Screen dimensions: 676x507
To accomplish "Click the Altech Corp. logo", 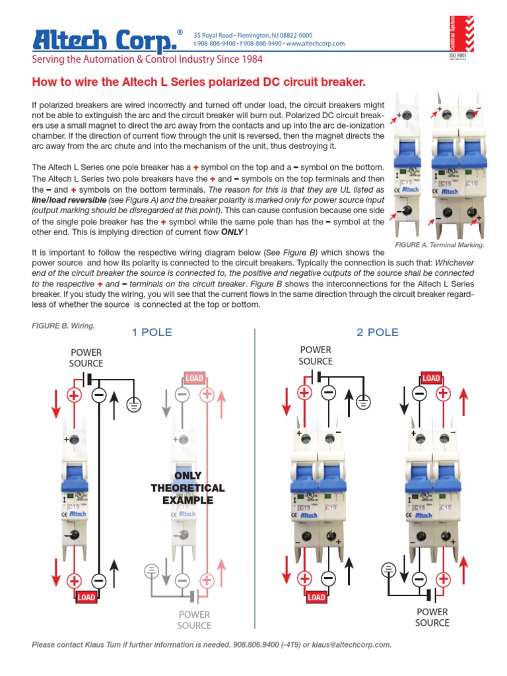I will [x=106, y=40].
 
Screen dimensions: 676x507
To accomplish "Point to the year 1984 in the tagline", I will [x=250, y=59].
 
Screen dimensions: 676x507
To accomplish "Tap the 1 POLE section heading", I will [x=152, y=332].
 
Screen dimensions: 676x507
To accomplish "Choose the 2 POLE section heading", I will [x=378, y=332].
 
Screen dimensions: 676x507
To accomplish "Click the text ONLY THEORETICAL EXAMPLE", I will [x=187, y=489].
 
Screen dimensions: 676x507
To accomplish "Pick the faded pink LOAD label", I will [x=195, y=378].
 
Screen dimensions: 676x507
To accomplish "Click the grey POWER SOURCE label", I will [x=194, y=620].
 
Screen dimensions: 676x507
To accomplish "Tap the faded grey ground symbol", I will [x=151, y=570].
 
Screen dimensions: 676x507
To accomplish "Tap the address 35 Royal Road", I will [x=212, y=35].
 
